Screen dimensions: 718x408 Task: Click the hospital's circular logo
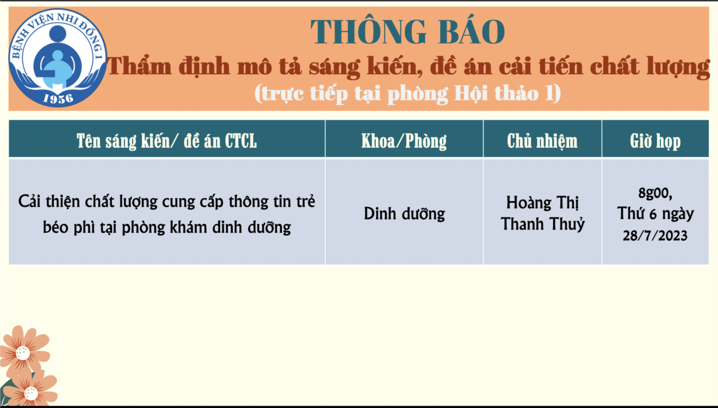[x=58, y=58]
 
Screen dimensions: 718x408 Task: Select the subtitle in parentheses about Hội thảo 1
[x=407, y=94]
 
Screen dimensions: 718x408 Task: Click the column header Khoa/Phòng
[x=404, y=141]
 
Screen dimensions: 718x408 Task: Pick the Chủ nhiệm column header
[x=542, y=141]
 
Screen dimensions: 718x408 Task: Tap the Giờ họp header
[x=655, y=141]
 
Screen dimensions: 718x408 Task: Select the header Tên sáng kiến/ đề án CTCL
[x=167, y=141]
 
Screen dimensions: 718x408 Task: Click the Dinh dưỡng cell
[x=404, y=213]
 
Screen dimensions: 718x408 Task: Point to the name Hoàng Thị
[x=542, y=203]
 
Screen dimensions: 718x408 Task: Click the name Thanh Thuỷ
[x=542, y=223]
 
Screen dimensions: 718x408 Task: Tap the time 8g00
[x=655, y=193]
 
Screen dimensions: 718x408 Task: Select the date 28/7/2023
[x=655, y=236]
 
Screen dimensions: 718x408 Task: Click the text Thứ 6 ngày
[x=655, y=213]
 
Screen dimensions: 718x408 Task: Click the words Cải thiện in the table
[x=49, y=202]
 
